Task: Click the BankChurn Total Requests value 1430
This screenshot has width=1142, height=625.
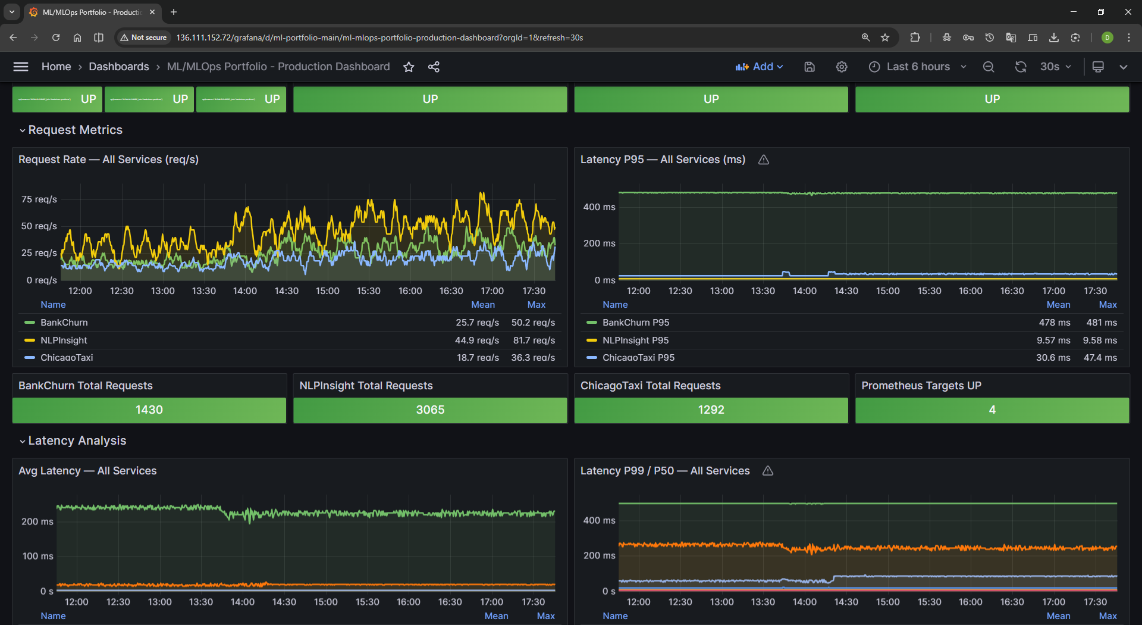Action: (149, 410)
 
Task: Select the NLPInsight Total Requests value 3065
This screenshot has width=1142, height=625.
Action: (430, 410)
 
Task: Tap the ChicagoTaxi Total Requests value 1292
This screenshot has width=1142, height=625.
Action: (711, 410)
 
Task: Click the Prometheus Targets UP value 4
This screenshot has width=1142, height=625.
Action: (992, 410)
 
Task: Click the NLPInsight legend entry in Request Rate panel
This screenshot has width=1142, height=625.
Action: (64, 340)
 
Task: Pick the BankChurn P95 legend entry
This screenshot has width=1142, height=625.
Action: (635, 323)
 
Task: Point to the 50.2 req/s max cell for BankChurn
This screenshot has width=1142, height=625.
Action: (533, 323)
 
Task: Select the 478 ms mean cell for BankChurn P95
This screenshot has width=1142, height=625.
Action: (1054, 323)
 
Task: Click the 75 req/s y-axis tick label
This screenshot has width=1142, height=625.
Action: (39, 199)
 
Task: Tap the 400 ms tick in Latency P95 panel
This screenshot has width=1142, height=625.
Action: (599, 207)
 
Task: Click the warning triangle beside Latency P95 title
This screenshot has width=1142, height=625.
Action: (764, 160)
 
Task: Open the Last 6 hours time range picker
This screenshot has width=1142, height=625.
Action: (917, 67)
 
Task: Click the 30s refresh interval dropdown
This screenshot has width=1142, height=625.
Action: (1055, 67)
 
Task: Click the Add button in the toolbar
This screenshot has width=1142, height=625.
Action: (759, 67)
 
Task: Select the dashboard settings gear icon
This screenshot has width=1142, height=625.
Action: (841, 67)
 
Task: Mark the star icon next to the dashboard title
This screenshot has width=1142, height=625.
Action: (409, 67)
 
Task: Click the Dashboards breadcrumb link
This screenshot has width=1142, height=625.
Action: (119, 67)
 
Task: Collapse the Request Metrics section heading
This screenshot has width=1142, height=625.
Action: (75, 130)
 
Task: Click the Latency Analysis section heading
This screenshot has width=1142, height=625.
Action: (77, 440)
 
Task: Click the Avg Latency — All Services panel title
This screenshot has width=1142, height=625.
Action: (87, 471)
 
